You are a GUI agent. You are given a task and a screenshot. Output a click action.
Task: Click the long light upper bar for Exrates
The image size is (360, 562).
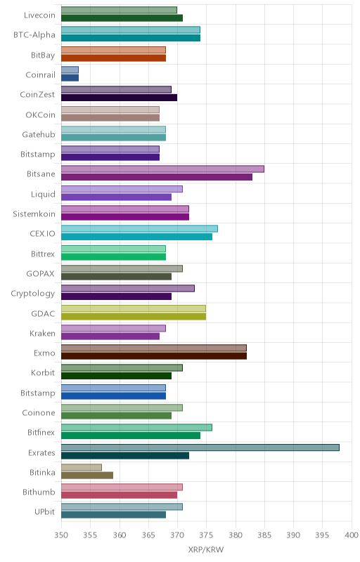point(200,447)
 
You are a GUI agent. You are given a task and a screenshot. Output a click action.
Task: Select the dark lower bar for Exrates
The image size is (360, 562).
point(125,455)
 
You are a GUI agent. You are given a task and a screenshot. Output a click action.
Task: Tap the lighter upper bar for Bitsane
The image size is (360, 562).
point(163,169)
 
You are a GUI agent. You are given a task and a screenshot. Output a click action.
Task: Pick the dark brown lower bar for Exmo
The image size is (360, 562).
point(154,356)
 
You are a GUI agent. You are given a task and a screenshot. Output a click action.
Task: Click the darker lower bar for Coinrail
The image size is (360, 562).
point(70,78)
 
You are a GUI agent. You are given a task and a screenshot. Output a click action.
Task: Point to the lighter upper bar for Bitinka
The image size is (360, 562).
point(82,467)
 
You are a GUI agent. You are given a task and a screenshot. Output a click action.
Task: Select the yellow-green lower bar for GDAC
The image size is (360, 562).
point(134,316)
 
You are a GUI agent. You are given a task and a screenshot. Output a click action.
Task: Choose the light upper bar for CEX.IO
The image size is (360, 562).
point(139,229)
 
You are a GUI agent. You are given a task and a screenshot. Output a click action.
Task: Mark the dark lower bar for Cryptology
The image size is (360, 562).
point(116,296)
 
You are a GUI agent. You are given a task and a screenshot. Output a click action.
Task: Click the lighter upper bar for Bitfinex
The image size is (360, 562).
point(136,427)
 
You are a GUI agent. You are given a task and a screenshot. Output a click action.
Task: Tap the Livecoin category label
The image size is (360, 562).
point(39,15)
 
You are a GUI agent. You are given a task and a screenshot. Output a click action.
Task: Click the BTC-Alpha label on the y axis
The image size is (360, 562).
point(34,34)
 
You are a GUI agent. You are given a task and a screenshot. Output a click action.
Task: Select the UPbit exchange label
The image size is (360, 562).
point(44,511)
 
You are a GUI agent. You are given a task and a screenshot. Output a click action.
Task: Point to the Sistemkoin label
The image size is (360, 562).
point(34,214)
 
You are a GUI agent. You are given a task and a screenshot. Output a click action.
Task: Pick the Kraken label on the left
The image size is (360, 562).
point(42,333)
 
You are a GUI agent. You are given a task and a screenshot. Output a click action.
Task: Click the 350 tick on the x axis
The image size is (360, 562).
point(61,535)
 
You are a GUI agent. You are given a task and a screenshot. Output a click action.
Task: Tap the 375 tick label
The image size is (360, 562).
point(206,535)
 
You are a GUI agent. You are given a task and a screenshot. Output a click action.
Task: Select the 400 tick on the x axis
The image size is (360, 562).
point(352,535)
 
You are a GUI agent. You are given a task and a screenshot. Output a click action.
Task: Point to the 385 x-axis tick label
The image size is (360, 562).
point(264,535)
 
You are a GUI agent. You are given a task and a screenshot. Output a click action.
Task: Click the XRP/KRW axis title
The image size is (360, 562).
point(206,550)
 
